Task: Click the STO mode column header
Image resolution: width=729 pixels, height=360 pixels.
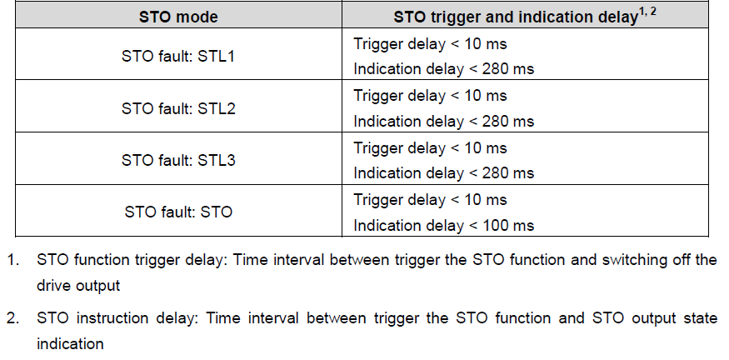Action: [178, 17]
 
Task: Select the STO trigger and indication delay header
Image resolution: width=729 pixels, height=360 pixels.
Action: [525, 17]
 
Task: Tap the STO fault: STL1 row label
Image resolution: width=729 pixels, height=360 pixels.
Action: [178, 57]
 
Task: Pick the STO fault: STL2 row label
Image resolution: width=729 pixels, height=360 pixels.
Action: [178, 108]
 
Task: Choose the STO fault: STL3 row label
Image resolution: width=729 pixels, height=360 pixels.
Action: [178, 160]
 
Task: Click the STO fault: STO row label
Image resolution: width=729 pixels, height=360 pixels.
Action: [178, 212]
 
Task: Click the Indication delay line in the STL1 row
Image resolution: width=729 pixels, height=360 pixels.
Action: [443, 69]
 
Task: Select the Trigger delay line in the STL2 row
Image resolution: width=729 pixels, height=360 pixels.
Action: [430, 96]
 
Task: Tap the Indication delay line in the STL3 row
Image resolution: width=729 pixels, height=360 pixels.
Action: [443, 173]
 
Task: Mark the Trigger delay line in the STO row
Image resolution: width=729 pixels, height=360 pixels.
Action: [430, 200]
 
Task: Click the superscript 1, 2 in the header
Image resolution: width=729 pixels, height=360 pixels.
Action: [647, 12]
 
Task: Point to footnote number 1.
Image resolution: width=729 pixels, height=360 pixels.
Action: [12, 259]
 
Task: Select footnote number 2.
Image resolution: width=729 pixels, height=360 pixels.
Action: [12, 318]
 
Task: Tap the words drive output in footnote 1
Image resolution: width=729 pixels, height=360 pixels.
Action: [78, 286]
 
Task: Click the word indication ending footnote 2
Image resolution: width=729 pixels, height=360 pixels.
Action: [70, 344]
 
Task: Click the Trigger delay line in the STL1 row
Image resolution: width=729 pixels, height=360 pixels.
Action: [430, 44]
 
